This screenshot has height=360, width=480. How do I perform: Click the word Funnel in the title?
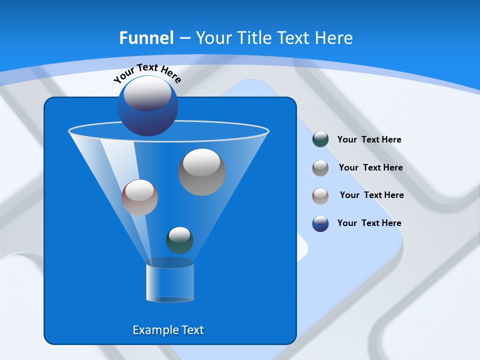[146, 38]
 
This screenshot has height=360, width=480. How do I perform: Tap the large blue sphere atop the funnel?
[148, 105]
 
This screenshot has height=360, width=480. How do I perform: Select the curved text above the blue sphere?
[147, 72]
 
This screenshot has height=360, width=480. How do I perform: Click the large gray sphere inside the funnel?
[202, 172]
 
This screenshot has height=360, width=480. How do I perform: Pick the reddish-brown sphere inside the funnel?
[139, 197]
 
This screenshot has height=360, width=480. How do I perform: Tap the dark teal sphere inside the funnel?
[179, 240]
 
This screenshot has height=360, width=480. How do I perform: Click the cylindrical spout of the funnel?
[170, 283]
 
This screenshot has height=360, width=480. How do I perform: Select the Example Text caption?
[168, 330]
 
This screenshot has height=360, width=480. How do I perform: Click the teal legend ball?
[320, 139]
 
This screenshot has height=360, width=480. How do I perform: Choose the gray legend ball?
[320, 168]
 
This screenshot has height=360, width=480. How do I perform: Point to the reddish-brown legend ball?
[320, 195]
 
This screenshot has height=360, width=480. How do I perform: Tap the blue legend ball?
[320, 223]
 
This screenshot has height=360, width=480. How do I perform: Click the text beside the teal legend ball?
[369, 139]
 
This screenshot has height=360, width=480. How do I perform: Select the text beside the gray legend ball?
[370, 167]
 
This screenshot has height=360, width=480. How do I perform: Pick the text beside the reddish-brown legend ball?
[371, 195]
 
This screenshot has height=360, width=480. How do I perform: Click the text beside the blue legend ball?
[369, 223]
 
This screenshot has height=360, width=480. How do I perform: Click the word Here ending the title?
[334, 38]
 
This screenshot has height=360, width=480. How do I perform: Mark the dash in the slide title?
[184, 38]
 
